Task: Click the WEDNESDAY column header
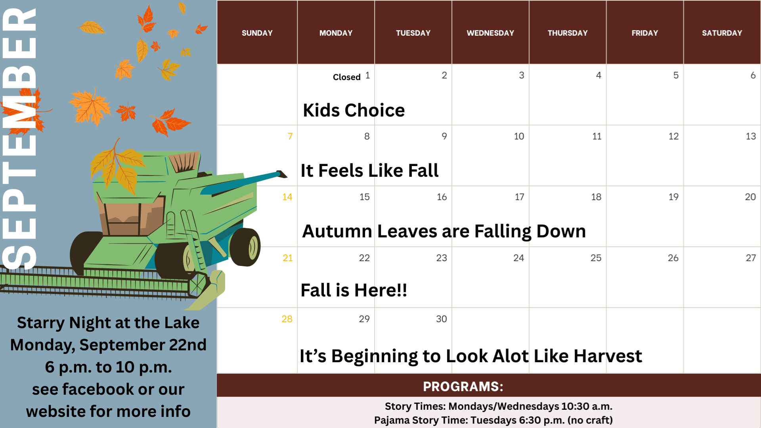(490, 33)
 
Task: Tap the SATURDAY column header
(722, 33)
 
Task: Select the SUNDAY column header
(257, 33)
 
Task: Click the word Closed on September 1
(346, 77)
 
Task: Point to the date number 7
(290, 136)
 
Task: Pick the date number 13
(751, 136)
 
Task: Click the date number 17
(519, 197)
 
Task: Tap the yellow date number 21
(288, 258)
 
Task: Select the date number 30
(442, 319)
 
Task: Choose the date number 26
(673, 258)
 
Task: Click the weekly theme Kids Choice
(354, 110)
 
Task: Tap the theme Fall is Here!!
(354, 290)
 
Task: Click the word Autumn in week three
(337, 231)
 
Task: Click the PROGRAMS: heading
(463, 386)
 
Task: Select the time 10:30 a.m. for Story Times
(587, 406)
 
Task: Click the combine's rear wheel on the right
(245, 247)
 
